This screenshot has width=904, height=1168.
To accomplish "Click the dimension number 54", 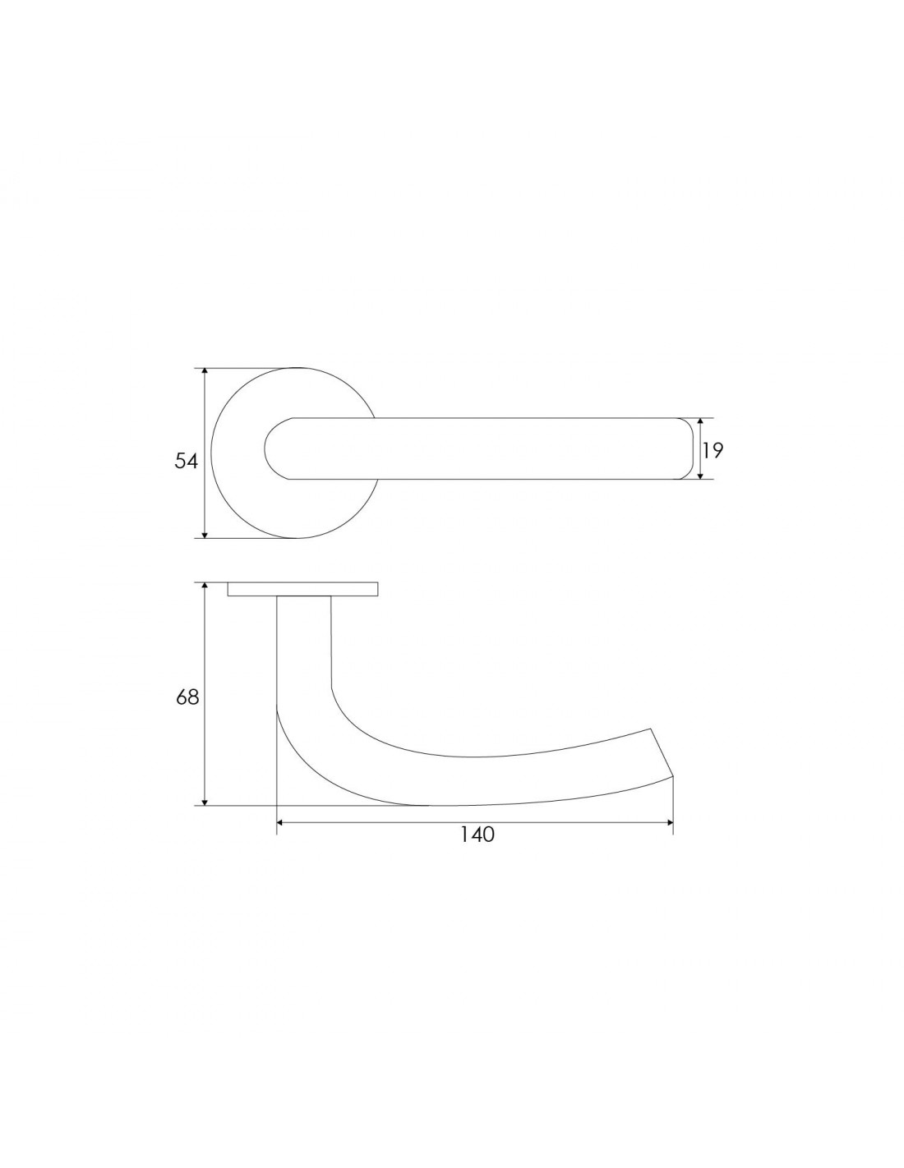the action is pyautogui.click(x=186, y=461).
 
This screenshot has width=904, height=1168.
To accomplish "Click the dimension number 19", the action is pyautogui.click(x=713, y=450).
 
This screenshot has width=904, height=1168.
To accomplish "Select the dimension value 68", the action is pyautogui.click(x=187, y=697).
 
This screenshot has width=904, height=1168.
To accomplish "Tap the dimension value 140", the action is pyautogui.click(x=477, y=835).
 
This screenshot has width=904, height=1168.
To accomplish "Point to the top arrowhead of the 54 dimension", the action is pyautogui.click(x=205, y=372).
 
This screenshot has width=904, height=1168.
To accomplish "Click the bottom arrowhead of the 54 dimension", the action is pyautogui.click(x=205, y=533).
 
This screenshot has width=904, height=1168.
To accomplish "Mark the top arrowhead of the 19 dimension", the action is pyautogui.click(x=699, y=422).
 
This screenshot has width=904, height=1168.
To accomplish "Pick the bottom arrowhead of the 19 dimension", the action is pyautogui.click(x=699, y=474).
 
